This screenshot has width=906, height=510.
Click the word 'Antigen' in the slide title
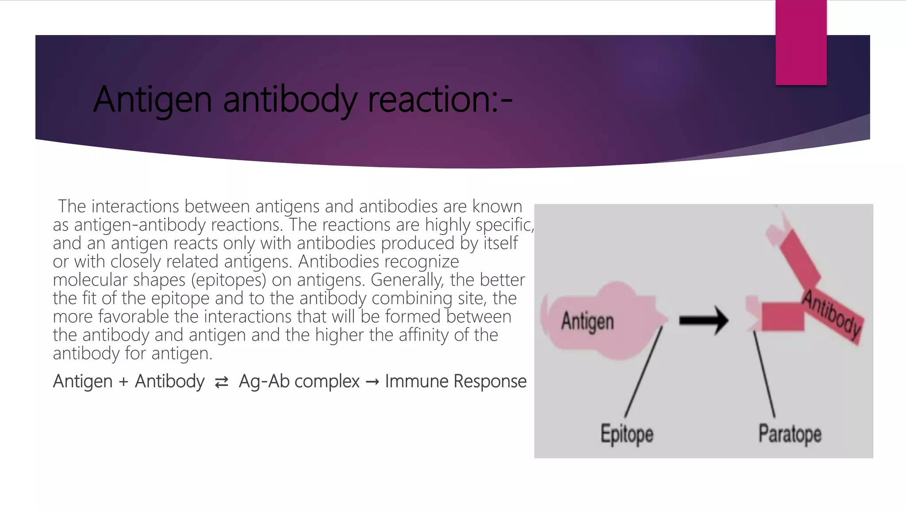click(153, 100)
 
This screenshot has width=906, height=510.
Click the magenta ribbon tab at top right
click(801, 42)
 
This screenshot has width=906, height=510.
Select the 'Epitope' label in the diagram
click(627, 433)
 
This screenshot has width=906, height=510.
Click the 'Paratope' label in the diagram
click(790, 433)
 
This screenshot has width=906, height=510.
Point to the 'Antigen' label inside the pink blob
click(587, 321)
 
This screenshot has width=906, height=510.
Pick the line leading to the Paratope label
click(764, 375)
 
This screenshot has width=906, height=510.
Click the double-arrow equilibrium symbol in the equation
click(222, 382)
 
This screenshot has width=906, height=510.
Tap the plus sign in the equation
click(123, 382)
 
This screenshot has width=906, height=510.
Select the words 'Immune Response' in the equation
click(456, 381)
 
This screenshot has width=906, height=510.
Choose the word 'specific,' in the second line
click(505, 225)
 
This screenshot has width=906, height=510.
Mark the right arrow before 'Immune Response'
click(372, 382)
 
